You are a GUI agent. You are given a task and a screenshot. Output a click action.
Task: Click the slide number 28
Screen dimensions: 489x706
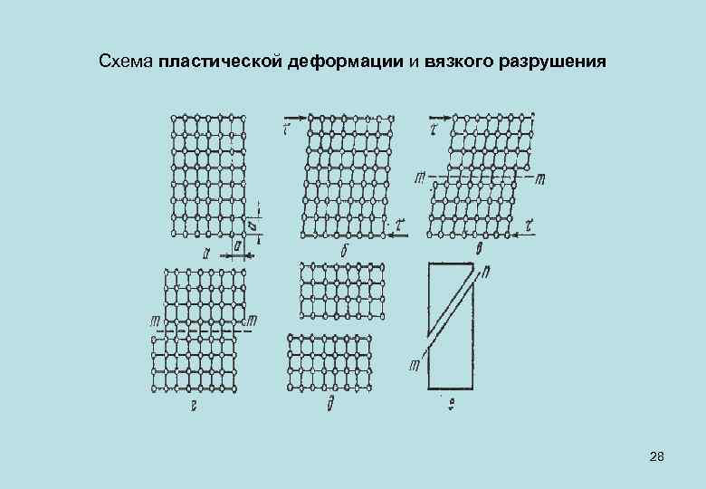click(657, 459)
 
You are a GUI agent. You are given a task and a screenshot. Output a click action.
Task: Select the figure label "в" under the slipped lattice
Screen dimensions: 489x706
click(478, 246)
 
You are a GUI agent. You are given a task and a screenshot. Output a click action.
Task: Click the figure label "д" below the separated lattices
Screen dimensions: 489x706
click(332, 405)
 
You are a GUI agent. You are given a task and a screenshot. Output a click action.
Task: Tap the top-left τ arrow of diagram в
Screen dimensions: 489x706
click(439, 120)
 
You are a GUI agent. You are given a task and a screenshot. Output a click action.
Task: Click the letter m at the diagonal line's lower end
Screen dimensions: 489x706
click(414, 364)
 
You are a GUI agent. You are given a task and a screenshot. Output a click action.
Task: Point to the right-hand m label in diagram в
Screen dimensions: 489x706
click(540, 178)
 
